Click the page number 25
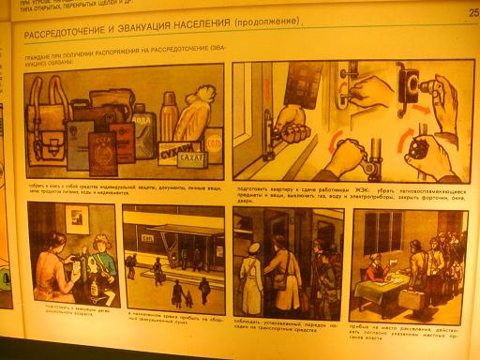tap(472, 13)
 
